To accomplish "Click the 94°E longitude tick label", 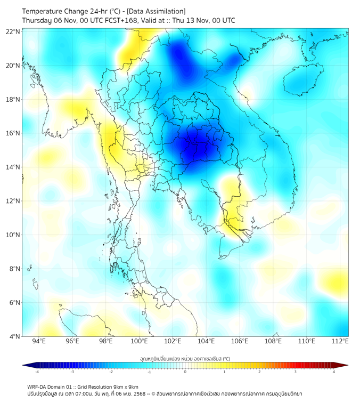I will (x=39, y=341).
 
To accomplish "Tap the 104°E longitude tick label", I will (x=206, y=341).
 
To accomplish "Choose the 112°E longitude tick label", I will (x=340, y=341).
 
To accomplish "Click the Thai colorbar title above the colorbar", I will (x=185, y=359).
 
